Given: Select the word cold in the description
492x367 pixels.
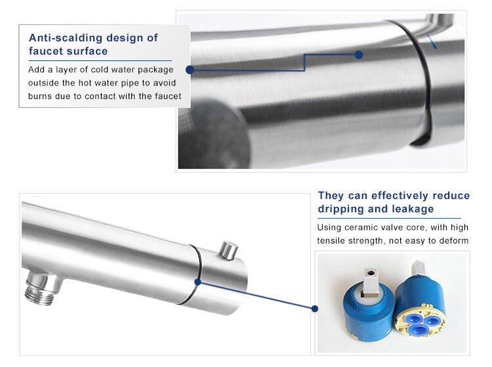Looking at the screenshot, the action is [99, 70].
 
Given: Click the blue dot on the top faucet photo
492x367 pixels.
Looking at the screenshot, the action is [359, 55].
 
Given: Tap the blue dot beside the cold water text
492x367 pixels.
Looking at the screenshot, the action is [190, 70].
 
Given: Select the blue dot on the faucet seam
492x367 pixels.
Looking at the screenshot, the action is [197, 282].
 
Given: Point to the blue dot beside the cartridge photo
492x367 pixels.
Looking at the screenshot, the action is [315, 309].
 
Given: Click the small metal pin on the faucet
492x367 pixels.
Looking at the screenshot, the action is [229, 250].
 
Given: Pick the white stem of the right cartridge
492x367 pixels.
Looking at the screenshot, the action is [418, 268].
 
